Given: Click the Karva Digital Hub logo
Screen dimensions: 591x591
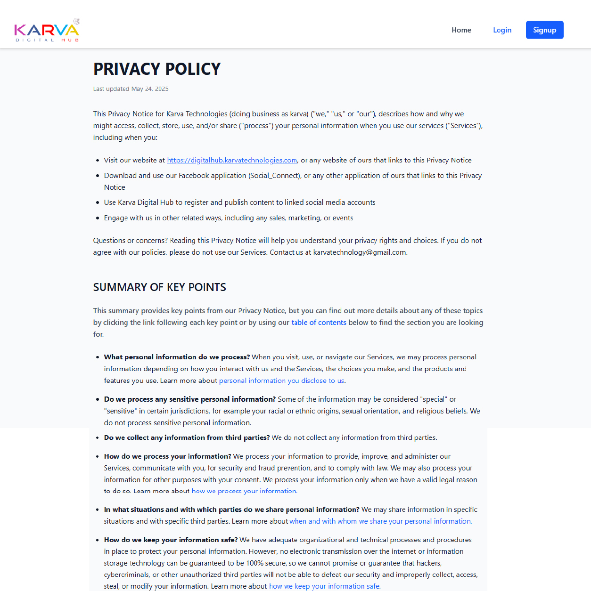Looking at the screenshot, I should [47, 30].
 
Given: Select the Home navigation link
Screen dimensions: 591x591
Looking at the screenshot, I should [461, 30].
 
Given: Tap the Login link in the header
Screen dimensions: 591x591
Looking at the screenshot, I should [502, 30].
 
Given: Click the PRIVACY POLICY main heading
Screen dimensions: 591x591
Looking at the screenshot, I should [156, 69].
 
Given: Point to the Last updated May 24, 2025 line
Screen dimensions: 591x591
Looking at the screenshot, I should [131, 89].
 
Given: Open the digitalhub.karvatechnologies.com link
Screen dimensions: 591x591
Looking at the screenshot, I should [232, 160].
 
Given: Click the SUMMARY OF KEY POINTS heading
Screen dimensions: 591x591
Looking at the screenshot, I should [159, 287].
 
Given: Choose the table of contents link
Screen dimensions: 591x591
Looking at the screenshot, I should [319, 323].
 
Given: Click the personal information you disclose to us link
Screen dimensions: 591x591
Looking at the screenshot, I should [281, 381].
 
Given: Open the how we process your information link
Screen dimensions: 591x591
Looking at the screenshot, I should [244, 491].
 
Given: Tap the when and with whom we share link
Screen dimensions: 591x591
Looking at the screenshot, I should [380, 521].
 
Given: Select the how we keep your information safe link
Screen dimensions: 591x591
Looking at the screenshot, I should [324, 586].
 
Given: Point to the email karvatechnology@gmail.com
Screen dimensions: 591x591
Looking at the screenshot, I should [359, 252].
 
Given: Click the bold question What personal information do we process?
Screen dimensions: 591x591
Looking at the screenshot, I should [177, 357].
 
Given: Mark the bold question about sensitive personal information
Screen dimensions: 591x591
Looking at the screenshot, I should [189, 399].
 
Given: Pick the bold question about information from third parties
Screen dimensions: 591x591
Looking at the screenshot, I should [187, 437].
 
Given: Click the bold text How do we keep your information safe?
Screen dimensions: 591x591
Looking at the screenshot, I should [171, 540].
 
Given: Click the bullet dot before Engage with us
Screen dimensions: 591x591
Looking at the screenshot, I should [98, 218].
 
